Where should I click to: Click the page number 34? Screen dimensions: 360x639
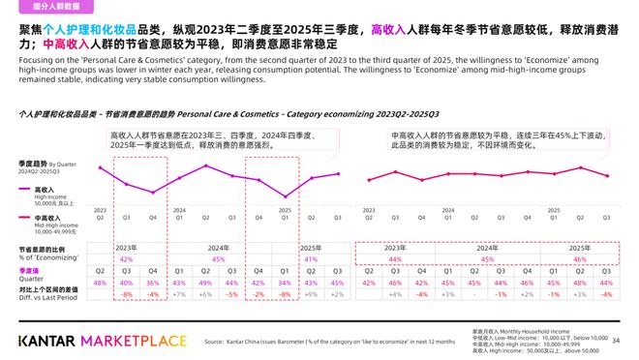coord(617,340)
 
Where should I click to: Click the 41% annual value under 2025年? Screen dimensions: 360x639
coord(311,259)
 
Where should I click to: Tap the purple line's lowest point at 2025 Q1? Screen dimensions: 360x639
coord(285,196)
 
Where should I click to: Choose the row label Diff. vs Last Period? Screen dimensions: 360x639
coord(46,298)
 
